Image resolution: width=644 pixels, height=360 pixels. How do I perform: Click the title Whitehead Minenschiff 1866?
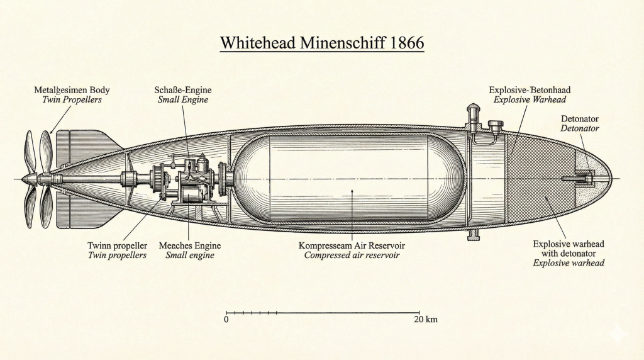click(322, 43)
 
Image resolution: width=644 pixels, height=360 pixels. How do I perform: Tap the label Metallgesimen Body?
click(72, 90)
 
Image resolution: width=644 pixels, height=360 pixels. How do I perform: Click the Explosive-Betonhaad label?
click(530, 90)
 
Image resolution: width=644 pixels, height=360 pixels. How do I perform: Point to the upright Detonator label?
click(579, 118)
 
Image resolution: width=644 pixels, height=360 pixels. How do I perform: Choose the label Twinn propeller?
click(118, 245)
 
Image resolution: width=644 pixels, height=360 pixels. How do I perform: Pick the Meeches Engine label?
click(189, 245)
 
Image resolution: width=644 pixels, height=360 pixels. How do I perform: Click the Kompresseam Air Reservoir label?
click(352, 245)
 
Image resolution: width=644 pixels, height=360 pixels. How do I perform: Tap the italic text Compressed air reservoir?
click(352, 255)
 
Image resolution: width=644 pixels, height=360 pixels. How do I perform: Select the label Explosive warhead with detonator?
click(569, 248)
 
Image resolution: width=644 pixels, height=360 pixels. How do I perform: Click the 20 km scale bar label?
click(426, 320)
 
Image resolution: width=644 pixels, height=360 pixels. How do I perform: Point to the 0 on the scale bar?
click(226, 320)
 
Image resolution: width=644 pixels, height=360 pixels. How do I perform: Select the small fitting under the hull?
click(472, 235)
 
